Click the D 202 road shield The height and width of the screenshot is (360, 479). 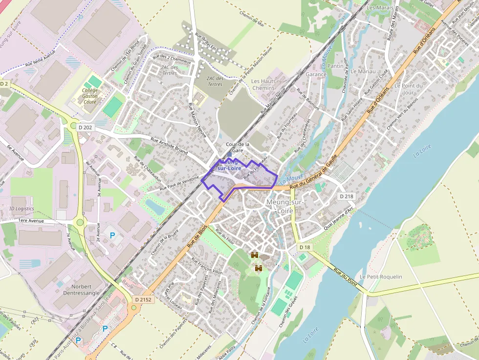click(85, 127)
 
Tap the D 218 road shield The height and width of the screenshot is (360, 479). click(347, 196)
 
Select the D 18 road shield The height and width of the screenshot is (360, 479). click(305, 247)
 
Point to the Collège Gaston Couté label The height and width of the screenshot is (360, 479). click(90, 96)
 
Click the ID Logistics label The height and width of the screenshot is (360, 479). click(22, 209)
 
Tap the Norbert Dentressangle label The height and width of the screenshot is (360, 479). click(82, 290)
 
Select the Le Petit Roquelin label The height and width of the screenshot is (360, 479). click(381, 276)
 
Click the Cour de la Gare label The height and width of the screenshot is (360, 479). click(238, 148)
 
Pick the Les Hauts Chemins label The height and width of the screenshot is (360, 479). click(263, 84)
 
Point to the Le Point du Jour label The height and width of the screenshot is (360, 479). click(404, 89)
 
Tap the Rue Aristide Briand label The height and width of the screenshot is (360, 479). click(169, 146)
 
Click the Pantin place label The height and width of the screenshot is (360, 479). click(335, 66)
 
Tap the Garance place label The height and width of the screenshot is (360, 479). click(316, 74)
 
